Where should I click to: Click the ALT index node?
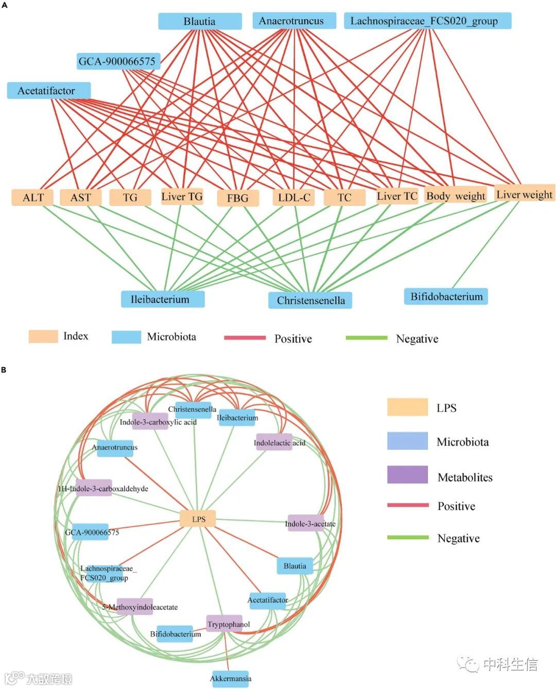pyautogui.click(x=32, y=198)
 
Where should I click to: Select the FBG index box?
pyautogui.click(x=237, y=198)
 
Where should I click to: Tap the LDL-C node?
pyautogui.click(x=294, y=198)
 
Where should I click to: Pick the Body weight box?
pyautogui.click(x=456, y=196)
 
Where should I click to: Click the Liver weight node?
pyautogui.click(x=524, y=194)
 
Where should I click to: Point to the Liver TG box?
pyautogui.click(x=182, y=196)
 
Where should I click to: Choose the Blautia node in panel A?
pyautogui.click(x=200, y=22)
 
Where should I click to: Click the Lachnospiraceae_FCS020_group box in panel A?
pyautogui.click(x=427, y=21)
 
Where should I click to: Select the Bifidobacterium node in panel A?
pyautogui.click(x=446, y=297)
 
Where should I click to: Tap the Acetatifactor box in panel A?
pyautogui.click(x=48, y=91)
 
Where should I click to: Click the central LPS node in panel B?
pyautogui.click(x=198, y=519)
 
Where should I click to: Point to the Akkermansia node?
pyautogui.click(x=231, y=678)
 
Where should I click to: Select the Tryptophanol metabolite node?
pyautogui.click(x=225, y=624)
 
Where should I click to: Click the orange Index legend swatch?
pyautogui.click(x=43, y=336)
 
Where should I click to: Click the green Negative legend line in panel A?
pyautogui.click(x=366, y=338)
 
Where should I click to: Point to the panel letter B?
pyautogui.click(x=4, y=370)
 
